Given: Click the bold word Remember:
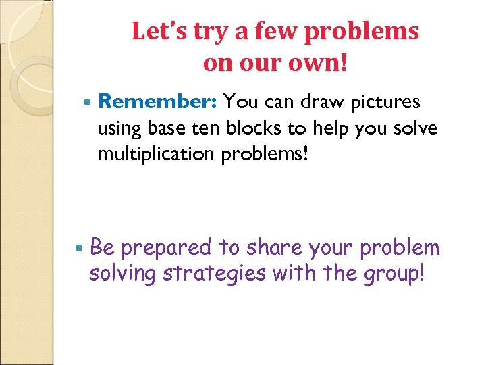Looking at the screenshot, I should click(x=157, y=102).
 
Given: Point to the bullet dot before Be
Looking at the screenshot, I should click(x=81, y=249).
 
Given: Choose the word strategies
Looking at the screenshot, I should click(x=214, y=274).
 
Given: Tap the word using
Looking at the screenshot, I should click(x=119, y=128).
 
